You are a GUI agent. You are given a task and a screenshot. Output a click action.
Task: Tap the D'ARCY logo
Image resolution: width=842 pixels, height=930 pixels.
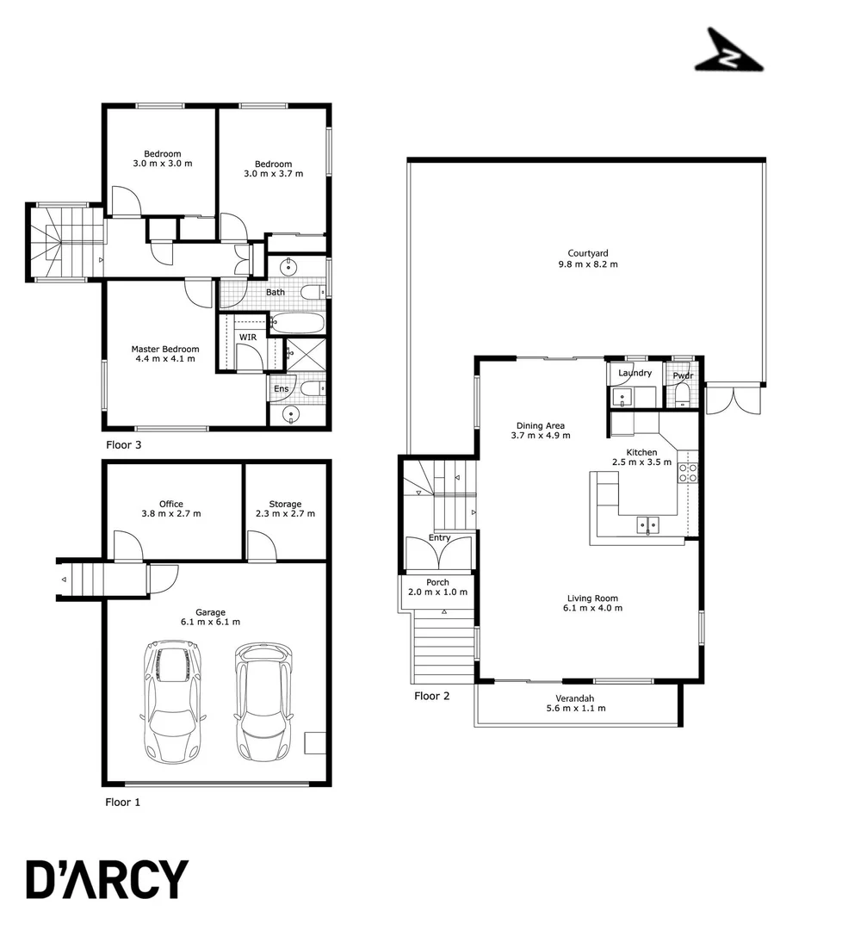[x=107, y=879]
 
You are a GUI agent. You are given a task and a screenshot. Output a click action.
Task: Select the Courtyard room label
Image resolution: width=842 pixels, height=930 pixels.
[x=587, y=253]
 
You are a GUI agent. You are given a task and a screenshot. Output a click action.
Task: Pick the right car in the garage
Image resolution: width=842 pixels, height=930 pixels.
[x=264, y=700]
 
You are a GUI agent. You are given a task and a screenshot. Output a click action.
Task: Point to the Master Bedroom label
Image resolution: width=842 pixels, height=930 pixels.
[x=165, y=349]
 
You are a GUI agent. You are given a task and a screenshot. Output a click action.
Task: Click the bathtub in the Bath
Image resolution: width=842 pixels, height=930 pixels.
[x=298, y=325]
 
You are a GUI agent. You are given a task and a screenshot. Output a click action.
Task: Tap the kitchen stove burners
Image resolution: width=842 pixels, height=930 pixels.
[x=688, y=472]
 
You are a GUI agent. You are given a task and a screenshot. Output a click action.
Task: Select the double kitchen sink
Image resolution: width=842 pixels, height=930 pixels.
[x=647, y=524]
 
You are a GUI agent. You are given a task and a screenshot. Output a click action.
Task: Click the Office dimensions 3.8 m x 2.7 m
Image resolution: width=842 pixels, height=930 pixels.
[x=170, y=514]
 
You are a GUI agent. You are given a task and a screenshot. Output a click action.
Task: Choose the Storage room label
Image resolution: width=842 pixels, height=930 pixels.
[x=285, y=504]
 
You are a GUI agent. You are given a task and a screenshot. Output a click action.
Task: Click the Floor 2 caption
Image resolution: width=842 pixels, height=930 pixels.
[x=432, y=696]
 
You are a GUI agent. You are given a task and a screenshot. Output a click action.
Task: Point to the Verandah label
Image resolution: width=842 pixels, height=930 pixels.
[x=576, y=698]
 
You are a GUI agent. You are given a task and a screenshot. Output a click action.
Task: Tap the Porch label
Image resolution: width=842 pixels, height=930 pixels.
[x=437, y=582]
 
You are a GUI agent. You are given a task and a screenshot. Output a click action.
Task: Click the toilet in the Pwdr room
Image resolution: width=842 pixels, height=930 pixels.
[x=682, y=395]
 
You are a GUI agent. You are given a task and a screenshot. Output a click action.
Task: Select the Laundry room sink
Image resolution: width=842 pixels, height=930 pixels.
[x=622, y=397]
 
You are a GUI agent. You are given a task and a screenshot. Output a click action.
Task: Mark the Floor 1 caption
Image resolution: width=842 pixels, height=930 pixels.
[x=122, y=802]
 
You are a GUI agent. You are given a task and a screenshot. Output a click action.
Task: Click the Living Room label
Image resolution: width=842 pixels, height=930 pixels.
[x=592, y=598]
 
